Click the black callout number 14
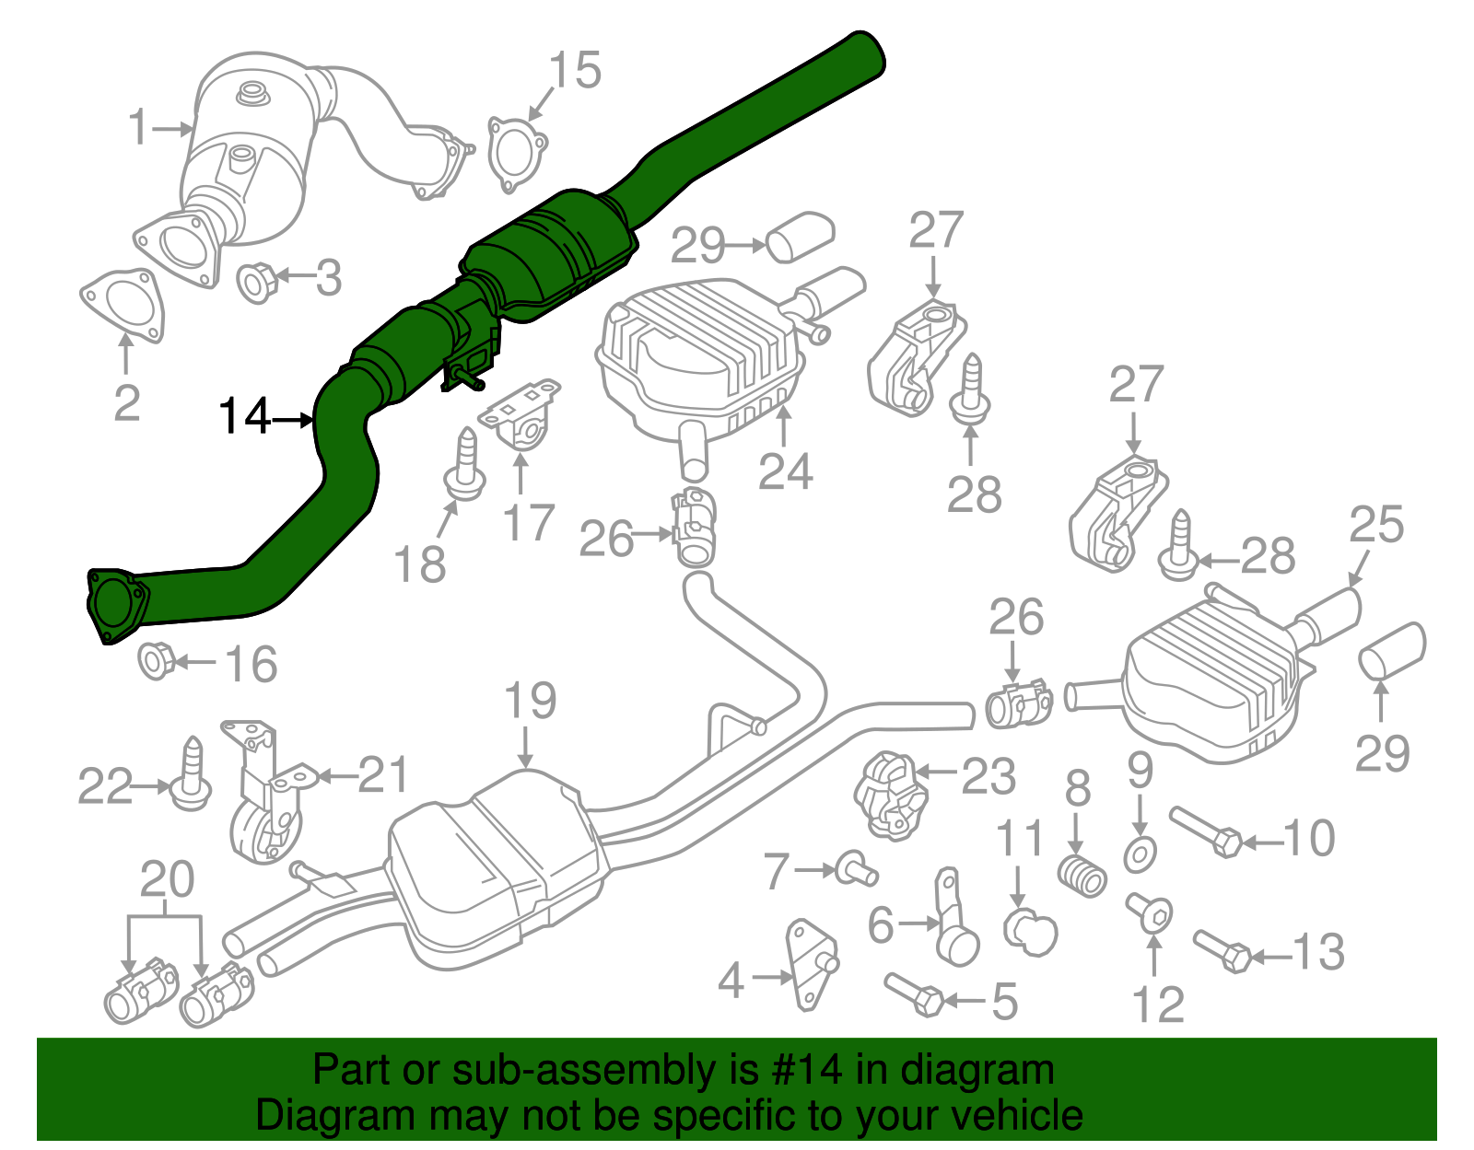coord(243,416)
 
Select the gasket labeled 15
coord(515,154)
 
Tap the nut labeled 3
coord(257,281)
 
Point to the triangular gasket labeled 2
coord(123,305)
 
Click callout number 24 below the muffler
coord(785,471)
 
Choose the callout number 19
coord(530,702)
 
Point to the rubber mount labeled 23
coord(890,796)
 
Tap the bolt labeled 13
coord(1222,951)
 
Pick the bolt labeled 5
coord(913,995)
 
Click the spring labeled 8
coord(1081,875)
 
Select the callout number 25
coord(1375,525)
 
